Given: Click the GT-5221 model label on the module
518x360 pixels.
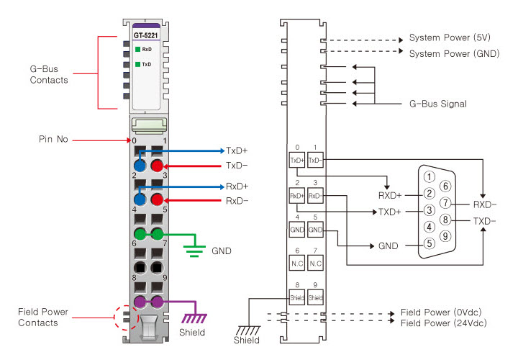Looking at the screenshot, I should (x=147, y=35).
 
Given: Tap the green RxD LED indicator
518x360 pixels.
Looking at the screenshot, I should (x=137, y=49).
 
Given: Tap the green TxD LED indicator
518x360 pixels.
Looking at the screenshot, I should (x=137, y=64).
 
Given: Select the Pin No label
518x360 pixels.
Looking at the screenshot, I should (x=55, y=139).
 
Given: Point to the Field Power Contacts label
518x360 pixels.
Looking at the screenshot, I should (x=44, y=318).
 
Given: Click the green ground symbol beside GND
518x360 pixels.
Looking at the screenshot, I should (x=193, y=248).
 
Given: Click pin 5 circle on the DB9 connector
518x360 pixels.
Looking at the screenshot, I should (x=428, y=243).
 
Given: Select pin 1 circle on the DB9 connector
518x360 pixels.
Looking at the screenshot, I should (x=428, y=176).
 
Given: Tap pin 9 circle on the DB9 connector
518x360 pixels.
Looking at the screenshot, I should (x=445, y=235).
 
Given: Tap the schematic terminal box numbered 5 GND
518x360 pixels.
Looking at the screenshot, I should (x=315, y=230).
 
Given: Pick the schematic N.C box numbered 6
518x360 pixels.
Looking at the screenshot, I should (x=296, y=264).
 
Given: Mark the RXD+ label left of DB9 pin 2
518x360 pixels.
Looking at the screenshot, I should (x=392, y=194).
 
